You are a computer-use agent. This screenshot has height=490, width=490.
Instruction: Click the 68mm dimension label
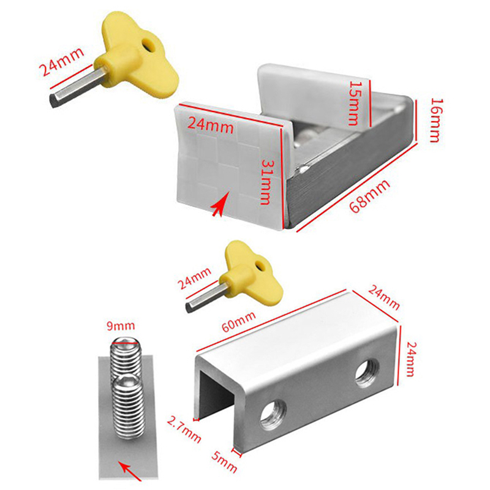[x=370, y=196]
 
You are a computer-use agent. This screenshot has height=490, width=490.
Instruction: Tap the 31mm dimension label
[x=266, y=182]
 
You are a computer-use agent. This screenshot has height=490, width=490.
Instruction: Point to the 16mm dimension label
[x=435, y=119]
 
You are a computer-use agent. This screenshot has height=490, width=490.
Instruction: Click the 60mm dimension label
[x=238, y=322]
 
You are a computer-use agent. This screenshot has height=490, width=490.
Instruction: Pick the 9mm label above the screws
[x=121, y=326]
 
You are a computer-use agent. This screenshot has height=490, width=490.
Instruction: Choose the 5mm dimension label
[x=224, y=462]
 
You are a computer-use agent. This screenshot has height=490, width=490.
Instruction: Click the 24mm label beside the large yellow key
[x=62, y=62]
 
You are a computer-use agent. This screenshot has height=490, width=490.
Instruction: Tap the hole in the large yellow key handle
[x=148, y=44]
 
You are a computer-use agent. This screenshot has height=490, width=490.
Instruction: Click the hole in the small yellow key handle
[x=260, y=266]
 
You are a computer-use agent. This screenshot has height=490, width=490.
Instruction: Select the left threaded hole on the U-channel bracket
[x=273, y=415]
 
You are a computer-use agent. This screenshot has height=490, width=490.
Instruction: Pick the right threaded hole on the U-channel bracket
[x=367, y=373]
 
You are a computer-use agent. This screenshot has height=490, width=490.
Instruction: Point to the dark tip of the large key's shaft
[x=54, y=100]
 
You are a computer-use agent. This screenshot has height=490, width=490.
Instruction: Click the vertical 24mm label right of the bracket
[x=410, y=359]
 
